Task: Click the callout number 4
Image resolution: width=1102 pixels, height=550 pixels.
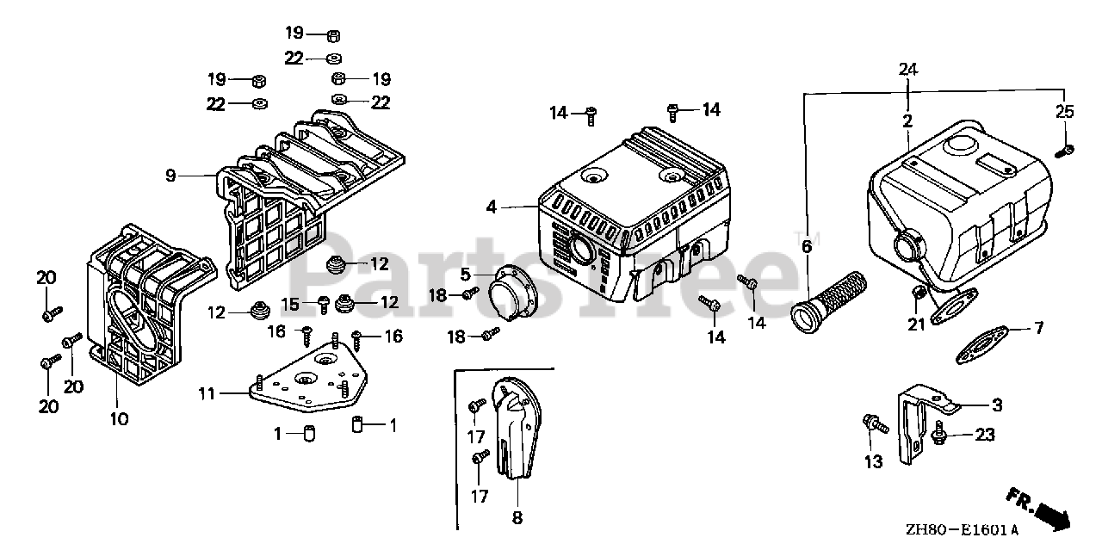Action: click(x=491, y=207)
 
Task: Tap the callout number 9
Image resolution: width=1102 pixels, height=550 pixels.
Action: click(x=170, y=176)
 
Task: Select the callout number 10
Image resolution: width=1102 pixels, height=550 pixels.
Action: click(x=119, y=419)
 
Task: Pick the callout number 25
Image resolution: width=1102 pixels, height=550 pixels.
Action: click(x=1065, y=111)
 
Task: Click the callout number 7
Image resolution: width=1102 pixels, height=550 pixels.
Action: click(x=1038, y=328)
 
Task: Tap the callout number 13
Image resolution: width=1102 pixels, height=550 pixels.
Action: click(x=873, y=462)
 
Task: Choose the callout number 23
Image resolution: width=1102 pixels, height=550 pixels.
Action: click(x=984, y=436)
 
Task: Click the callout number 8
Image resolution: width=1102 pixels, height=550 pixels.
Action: click(x=517, y=518)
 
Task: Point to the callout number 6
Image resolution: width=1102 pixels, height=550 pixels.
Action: click(x=807, y=247)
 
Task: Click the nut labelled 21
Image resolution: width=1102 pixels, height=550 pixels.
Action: click(x=919, y=295)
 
